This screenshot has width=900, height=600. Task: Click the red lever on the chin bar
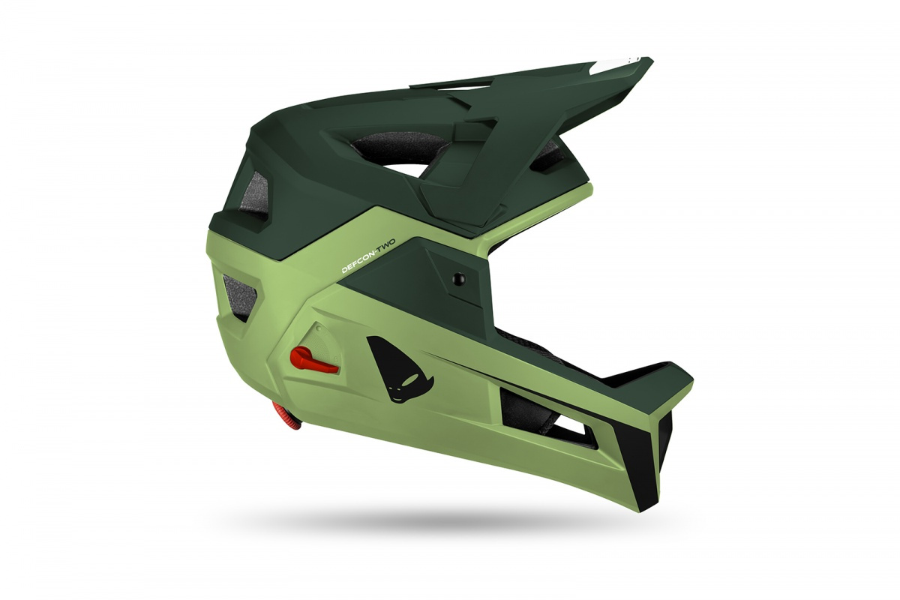point(313,360)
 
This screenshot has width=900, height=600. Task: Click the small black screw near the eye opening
point(457,277)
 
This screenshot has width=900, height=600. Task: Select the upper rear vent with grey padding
point(254,196)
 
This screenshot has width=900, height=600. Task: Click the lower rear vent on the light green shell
point(241,296)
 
